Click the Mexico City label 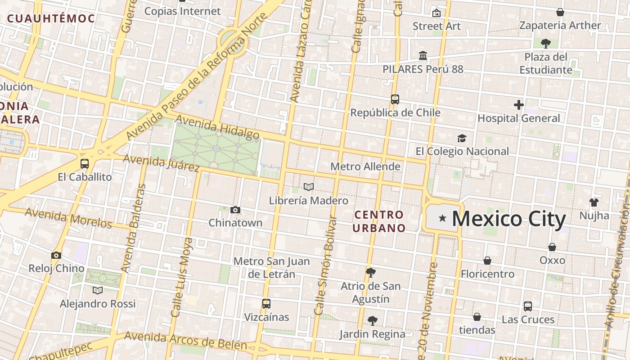pos(508,219)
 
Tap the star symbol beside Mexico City pos(443,218)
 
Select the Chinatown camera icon pos(235,210)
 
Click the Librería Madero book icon pos(308,187)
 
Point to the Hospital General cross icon pos(518,105)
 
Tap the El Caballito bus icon pos(84,163)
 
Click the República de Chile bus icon pos(395,99)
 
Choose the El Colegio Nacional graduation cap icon pos(462,138)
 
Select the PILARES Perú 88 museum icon pos(423,56)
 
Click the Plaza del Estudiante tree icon pos(545,44)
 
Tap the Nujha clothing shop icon pos(594,202)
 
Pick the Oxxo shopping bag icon pos(552,247)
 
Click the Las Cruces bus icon pos(527,306)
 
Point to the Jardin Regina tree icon pos(372,321)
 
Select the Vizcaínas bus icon pos(266,304)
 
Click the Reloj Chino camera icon pos(56,255)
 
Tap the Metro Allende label pos(365,166)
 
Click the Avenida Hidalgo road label pos(217,127)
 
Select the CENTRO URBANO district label pos(378,221)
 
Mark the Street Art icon pos(436,13)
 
